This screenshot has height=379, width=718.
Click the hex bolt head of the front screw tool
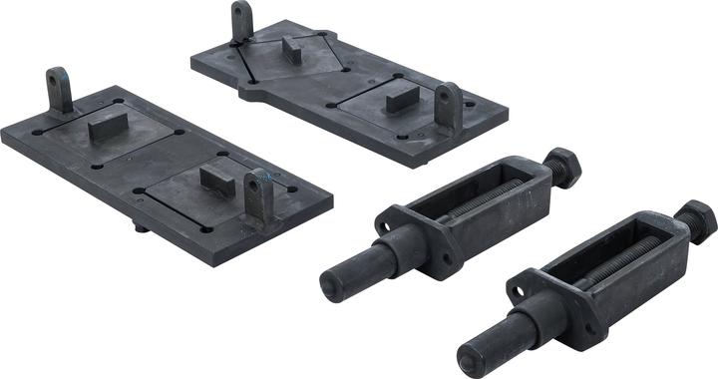tap(696, 218)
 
